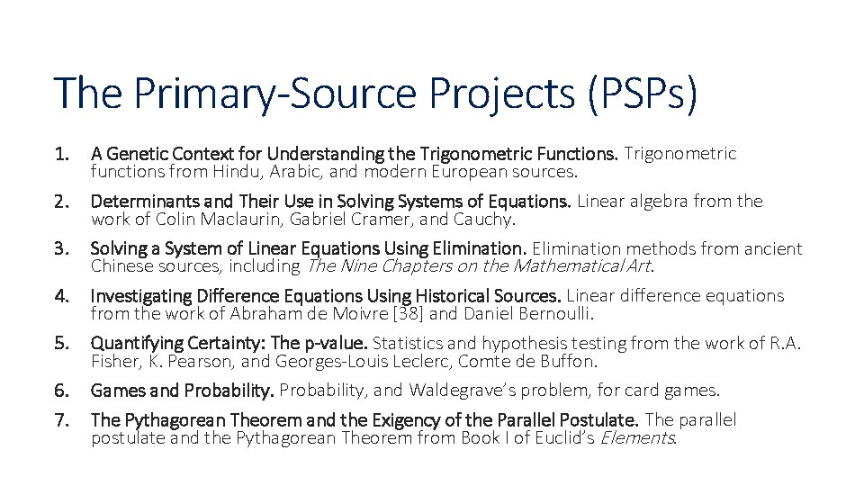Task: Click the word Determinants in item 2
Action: (136, 202)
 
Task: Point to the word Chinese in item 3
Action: (120, 266)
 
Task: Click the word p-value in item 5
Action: (334, 343)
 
